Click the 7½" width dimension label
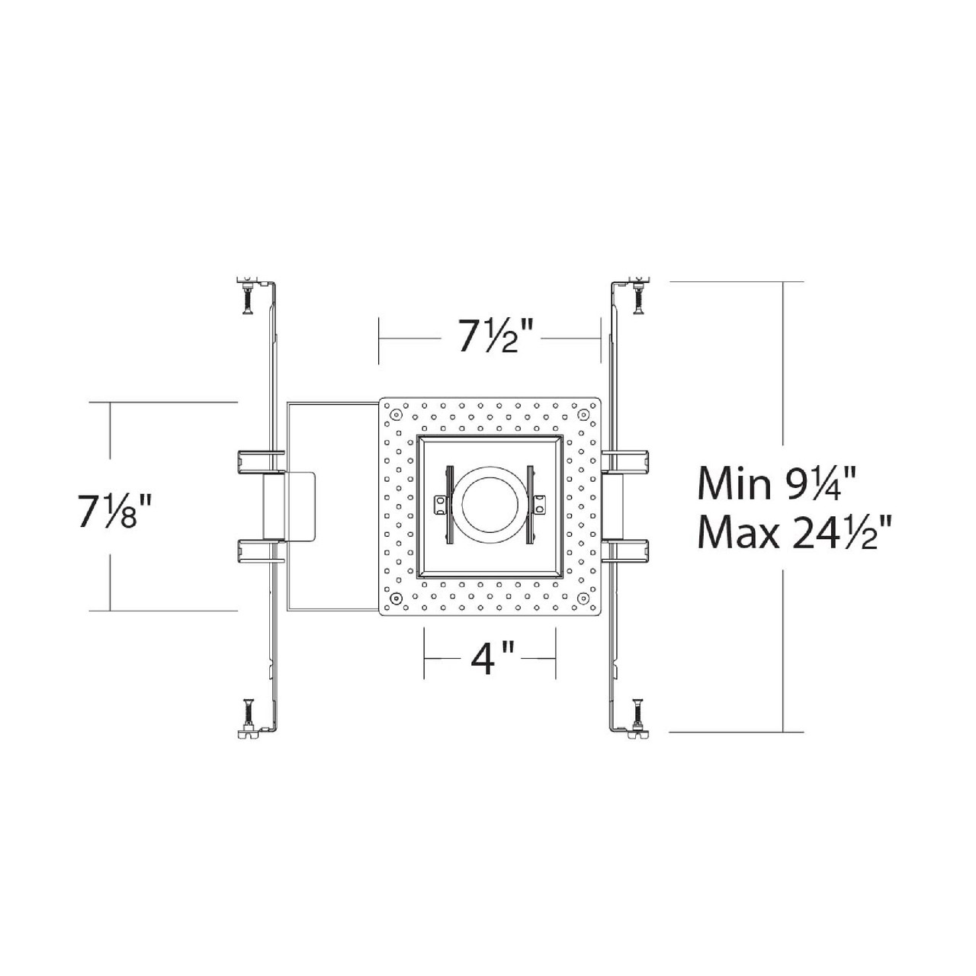tap(489, 336)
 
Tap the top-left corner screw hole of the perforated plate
tap(396, 414)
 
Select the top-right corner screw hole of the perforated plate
tap(583, 414)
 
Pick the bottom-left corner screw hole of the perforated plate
tap(396, 598)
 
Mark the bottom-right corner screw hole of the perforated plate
tap(583, 598)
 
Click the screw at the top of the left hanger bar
tap(247, 297)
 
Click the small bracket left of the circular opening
tap(439, 504)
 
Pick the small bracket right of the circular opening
tap(540, 504)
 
